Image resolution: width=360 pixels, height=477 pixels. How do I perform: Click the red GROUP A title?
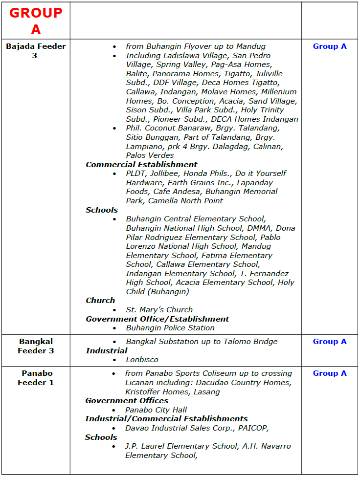tap(36, 21)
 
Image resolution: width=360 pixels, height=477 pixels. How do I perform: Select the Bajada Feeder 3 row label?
tap(36, 51)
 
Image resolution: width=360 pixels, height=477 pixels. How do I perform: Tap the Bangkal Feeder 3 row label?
tap(36, 346)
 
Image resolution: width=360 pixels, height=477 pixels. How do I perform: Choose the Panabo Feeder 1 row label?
tap(36, 378)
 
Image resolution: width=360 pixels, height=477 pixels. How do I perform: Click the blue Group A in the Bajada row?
tap(330, 46)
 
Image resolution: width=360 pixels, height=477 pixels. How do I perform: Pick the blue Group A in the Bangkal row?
tap(330, 342)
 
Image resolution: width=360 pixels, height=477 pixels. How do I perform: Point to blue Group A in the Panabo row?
tap(330, 373)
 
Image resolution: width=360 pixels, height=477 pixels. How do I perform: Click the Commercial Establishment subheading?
tap(141, 165)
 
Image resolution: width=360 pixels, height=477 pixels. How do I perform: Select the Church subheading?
tap(100, 301)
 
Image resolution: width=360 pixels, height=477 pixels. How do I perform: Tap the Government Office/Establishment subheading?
tap(157, 319)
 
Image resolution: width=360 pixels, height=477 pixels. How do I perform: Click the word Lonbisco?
tap(142, 360)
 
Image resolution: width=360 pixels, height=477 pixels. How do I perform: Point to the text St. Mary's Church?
tap(159, 310)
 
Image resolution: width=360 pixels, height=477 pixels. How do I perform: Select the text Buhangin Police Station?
tap(170, 328)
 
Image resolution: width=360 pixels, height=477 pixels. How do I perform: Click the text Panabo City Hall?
tap(156, 410)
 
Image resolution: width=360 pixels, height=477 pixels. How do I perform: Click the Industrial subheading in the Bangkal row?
tap(107, 351)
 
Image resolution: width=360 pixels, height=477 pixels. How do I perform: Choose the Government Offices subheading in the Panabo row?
tap(127, 401)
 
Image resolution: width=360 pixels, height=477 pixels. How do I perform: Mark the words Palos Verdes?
tap(150, 155)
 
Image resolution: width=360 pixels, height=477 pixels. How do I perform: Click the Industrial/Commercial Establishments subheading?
tap(166, 419)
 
